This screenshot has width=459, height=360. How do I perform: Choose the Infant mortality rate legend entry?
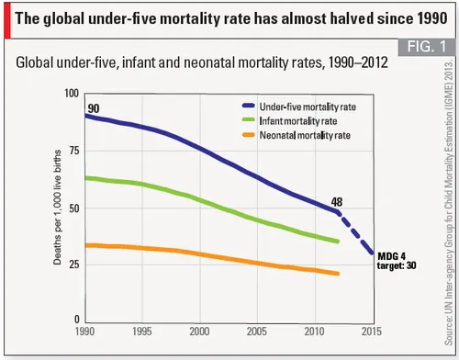point(280,120)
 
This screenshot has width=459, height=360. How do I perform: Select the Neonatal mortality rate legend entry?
point(285,135)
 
